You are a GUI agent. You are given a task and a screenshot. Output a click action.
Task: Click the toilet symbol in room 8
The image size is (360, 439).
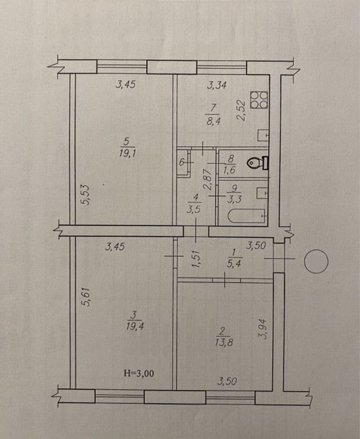(258, 162)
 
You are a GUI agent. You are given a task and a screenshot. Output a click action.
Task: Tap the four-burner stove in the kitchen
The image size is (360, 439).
(259, 100)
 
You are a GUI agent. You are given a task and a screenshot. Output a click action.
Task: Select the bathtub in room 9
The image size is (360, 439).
(247, 216)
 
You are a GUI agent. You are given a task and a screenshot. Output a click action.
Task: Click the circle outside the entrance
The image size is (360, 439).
(316, 261)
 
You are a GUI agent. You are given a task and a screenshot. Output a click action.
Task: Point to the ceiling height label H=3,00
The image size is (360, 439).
(138, 373)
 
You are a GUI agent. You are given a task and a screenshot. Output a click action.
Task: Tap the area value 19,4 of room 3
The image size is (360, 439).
(135, 326)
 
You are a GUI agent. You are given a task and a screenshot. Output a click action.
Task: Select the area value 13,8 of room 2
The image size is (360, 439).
(224, 343)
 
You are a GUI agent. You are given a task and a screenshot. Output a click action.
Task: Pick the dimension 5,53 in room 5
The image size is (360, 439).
(87, 195)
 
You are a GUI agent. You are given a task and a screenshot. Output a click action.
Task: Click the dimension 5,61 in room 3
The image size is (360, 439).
(87, 297)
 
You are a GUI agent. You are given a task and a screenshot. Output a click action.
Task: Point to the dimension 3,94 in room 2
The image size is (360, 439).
(264, 329)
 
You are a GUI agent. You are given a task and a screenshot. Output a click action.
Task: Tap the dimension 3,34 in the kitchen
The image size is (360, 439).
(216, 85)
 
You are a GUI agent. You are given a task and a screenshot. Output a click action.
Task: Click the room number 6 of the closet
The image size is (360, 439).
(182, 162)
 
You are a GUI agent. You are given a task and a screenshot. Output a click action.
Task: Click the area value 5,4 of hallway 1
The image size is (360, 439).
(234, 264)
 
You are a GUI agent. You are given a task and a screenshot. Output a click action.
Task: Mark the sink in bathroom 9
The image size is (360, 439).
(263, 193)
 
